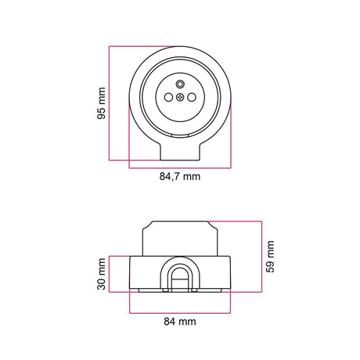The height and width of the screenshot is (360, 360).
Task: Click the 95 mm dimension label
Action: [x=101, y=103]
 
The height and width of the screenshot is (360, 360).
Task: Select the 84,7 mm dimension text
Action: [x=180, y=177]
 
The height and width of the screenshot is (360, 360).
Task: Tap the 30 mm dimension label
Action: [x=101, y=274]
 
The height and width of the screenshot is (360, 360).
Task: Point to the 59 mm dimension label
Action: [x=270, y=257]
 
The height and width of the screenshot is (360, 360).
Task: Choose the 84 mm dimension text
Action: [x=180, y=322]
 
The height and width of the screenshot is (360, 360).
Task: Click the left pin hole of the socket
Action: [x=168, y=98]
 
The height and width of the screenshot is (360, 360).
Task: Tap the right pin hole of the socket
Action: [x=192, y=98]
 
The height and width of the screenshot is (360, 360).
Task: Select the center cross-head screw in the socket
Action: [x=180, y=98]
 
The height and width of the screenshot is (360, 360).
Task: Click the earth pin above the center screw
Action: [x=180, y=84]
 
